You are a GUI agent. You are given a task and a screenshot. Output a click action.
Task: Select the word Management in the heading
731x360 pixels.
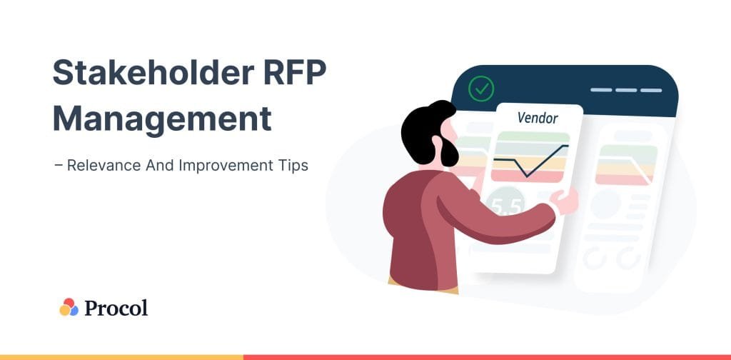(x=162, y=119)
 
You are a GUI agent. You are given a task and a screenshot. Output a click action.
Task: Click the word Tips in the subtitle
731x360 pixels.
(x=293, y=165)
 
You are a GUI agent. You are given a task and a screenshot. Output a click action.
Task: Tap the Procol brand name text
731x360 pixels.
(x=116, y=308)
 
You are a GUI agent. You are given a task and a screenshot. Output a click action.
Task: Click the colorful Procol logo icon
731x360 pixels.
(x=69, y=307)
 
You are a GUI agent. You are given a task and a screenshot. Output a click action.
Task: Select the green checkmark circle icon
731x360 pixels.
(x=481, y=89)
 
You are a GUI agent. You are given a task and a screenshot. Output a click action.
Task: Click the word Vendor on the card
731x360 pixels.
(x=538, y=118)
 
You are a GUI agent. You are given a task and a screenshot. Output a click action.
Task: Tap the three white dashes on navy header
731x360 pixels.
(x=626, y=91)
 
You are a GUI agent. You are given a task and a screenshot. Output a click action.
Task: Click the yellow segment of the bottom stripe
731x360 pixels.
(x=121, y=356)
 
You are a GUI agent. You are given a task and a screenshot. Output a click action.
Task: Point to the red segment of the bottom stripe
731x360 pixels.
(x=485, y=356)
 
